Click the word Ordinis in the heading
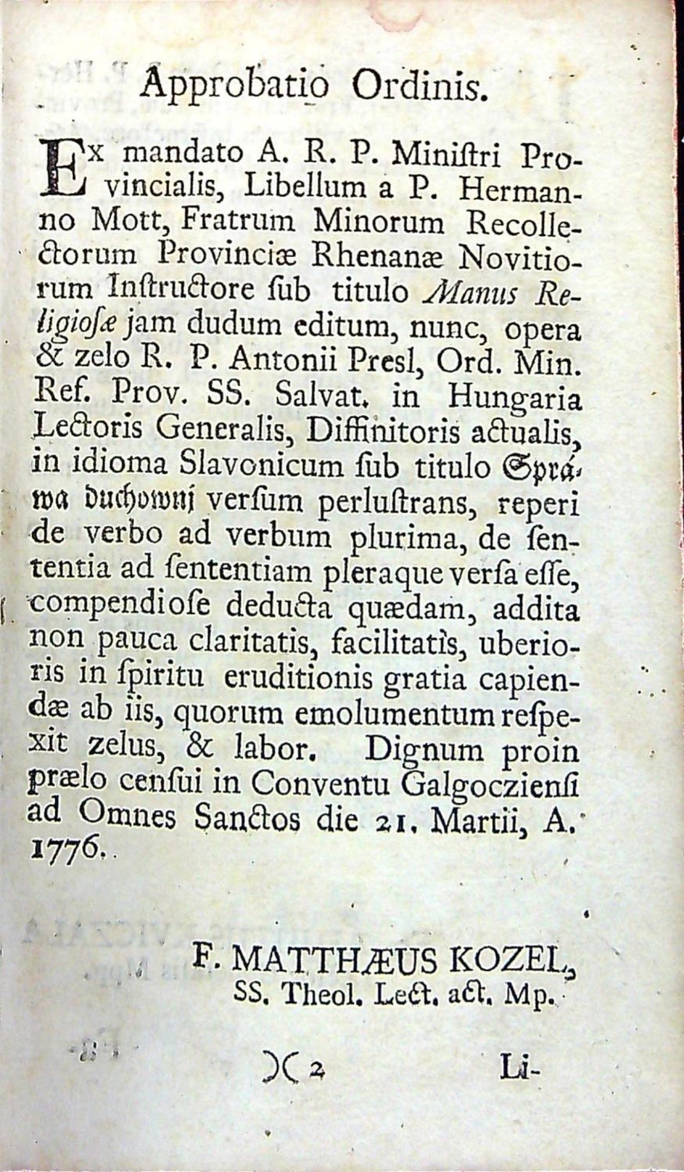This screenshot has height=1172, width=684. tap(414, 85)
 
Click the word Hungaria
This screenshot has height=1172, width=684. tap(514, 398)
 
